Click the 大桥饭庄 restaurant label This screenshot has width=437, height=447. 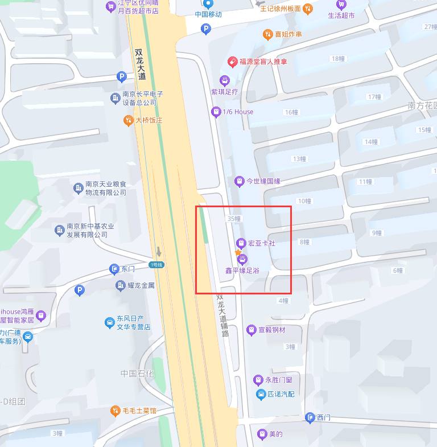[149, 120]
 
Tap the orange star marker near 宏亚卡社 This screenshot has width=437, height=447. [238, 252]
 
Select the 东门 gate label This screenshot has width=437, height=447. [128, 269]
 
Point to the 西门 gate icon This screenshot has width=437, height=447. [310, 418]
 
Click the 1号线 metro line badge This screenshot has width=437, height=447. [156, 265]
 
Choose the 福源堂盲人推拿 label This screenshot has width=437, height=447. [263, 61]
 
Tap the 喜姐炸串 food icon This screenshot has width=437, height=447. [267, 35]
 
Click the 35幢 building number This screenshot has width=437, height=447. [234, 219]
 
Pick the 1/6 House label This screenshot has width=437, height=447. [238, 112]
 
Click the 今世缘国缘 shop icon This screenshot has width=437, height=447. [240, 181]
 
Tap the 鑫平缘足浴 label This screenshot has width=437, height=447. [242, 270]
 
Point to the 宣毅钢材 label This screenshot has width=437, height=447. [271, 330]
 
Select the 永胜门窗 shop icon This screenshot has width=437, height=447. [258, 380]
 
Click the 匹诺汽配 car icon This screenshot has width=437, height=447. [260, 394]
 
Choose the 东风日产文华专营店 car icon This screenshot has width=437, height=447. [109, 323]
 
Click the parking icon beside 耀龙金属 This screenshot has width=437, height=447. [80, 291]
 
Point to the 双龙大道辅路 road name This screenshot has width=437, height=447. [222, 315]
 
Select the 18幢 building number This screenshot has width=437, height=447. [337, 59]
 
